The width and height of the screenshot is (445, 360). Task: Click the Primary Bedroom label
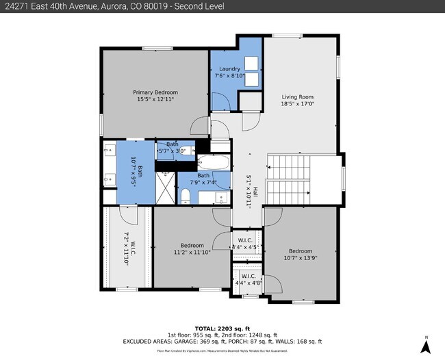tap(155, 92)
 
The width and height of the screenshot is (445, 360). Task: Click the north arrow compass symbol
tap(426, 346)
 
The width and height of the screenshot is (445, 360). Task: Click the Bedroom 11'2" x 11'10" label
tap(192, 249)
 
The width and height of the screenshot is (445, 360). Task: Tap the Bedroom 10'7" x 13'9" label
tap(300, 255)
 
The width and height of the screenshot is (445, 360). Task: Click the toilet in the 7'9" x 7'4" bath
tap(186, 196)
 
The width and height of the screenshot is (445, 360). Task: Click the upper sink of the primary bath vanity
tap(108, 149)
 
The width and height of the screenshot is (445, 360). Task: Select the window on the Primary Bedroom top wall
tap(151, 47)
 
